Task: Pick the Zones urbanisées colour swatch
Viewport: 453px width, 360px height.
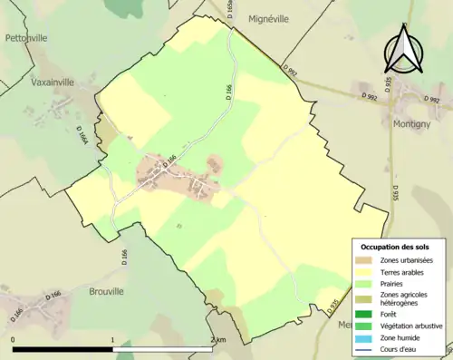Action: tap(361, 261)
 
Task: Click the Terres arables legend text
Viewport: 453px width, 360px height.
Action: tap(400, 272)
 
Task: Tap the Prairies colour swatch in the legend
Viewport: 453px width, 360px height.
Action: tap(361, 284)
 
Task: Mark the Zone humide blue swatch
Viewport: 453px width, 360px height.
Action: tap(361, 337)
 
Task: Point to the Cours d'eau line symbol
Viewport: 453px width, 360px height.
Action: tap(361, 348)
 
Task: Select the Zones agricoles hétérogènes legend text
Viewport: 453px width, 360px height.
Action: tap(404, 299)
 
